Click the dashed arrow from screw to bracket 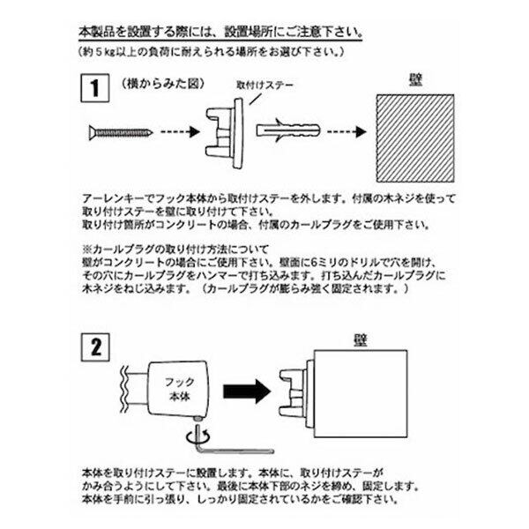[182, 133]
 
